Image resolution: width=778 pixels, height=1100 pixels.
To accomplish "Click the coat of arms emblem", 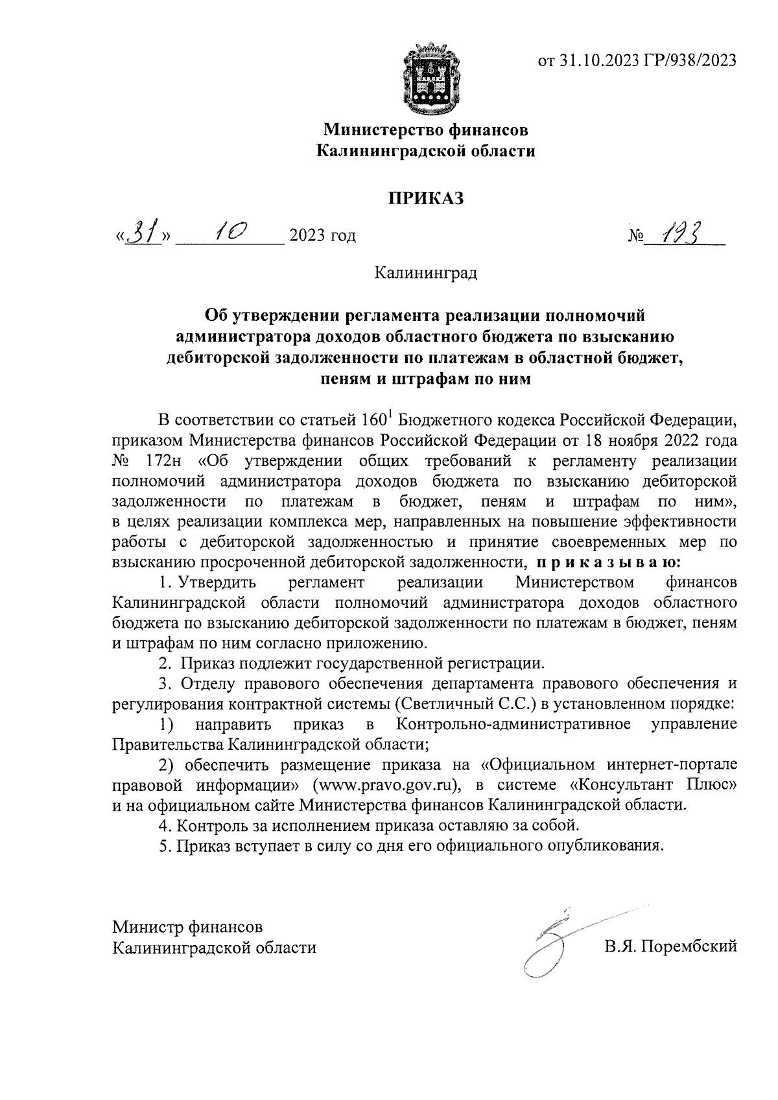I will point(426,77).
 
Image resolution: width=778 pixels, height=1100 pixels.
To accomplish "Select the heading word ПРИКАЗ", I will point(426,198).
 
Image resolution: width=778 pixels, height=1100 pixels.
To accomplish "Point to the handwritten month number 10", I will point(228,232).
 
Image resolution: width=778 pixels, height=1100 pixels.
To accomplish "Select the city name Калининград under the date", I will point(426,273).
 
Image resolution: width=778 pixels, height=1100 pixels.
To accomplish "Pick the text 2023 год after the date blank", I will point(323,235).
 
